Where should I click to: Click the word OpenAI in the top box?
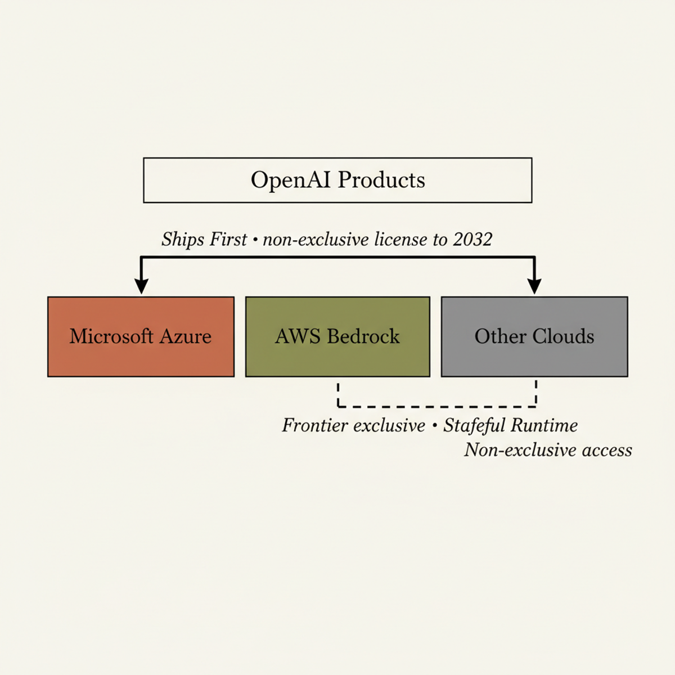click(291, 181)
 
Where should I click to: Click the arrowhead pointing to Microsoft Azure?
click(142, 286)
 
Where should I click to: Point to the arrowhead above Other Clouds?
click(534, 286)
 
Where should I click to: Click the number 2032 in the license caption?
click(472, 240)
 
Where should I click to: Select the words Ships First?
click(204, 240)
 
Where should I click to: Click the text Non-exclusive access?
click(548, 450)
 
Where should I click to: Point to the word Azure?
click(186, 336)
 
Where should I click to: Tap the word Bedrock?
click(363, 336)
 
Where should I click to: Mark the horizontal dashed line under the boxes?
click(436, 406)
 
